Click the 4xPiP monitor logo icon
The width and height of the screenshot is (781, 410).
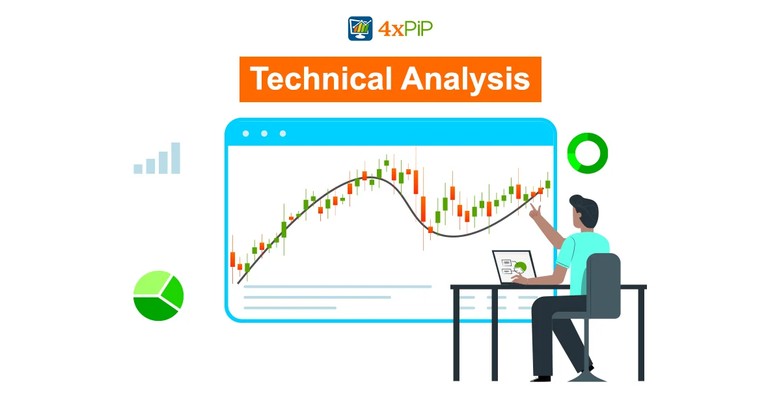360,28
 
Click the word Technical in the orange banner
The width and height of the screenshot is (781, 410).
321,79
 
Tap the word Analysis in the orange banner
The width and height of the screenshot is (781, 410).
465,79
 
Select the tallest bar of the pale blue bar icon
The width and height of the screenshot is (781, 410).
176,158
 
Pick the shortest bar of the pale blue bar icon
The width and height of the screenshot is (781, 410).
138,169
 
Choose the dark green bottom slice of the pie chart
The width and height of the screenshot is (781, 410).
155,309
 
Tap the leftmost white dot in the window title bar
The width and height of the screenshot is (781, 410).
246,133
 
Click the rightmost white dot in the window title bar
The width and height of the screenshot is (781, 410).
282,133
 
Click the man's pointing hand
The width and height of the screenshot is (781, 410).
534,212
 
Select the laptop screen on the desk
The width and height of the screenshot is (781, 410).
514,267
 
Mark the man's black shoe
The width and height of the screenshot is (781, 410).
541,379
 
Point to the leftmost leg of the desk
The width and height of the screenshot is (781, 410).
456,335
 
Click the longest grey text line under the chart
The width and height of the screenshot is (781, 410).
338,286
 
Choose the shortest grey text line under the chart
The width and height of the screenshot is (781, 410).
290,308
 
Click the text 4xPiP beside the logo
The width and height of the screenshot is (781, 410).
405,29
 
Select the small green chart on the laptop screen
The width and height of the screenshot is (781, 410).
520,267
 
